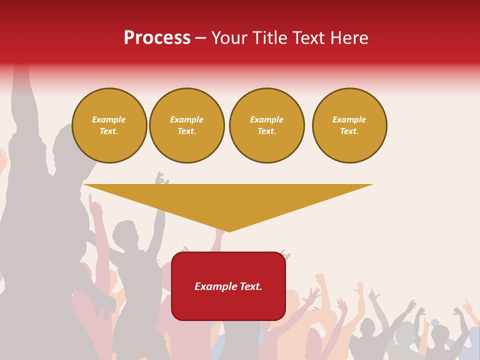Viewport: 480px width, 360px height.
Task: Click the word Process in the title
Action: (x=157, y=38)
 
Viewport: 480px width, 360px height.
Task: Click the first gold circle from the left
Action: (x=109, y=125)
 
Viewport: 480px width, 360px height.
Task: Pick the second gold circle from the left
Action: (x=187, y=125)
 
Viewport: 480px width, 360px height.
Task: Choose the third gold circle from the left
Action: (x=267, y=125)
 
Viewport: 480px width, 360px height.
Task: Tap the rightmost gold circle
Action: (x=349, y=125)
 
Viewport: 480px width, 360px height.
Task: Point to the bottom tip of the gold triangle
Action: (x=229, y=231)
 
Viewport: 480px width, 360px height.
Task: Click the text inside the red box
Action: (x=228, y=286)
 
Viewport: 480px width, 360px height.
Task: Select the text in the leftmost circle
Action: (x=109, y=125)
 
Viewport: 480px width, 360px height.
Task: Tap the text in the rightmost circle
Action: (x=349, y=125)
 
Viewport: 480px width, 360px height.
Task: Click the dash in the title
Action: (x=200, y=38)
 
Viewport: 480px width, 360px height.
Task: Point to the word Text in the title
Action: (x=308, y=38)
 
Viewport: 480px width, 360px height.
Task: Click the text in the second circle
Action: (x=187, y=125)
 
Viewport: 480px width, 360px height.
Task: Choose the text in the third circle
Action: (x=267, y=125)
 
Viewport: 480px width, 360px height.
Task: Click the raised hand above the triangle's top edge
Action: (x=160, y=178)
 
